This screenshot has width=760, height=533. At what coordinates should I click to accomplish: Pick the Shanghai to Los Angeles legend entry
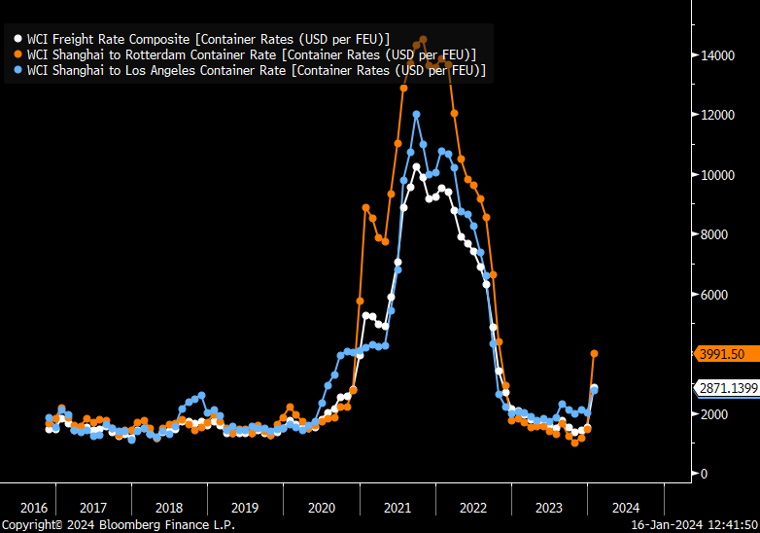click(257, 71)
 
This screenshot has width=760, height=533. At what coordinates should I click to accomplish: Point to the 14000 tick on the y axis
click(718, 55)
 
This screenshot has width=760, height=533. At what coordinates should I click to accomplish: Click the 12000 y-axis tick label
click(718, 115)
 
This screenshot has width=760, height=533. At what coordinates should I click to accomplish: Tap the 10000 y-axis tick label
click(718, 175)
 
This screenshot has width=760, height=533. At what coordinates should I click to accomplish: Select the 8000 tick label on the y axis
click(715, 234)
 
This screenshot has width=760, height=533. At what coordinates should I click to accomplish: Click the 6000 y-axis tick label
click(715, 295)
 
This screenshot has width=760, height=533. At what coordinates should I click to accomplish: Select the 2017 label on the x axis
click(93, 508)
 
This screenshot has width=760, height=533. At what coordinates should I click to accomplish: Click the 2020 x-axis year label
click(322, 508)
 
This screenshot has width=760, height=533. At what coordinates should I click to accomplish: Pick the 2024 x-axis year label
click(626, 508)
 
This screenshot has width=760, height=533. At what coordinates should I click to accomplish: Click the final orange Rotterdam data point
click(595, 354)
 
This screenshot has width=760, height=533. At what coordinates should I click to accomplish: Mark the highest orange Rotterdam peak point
click(423, 40)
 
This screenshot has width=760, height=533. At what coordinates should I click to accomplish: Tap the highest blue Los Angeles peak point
click(416, 115)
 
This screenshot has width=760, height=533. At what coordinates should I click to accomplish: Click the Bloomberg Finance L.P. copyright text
click(118, 525)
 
